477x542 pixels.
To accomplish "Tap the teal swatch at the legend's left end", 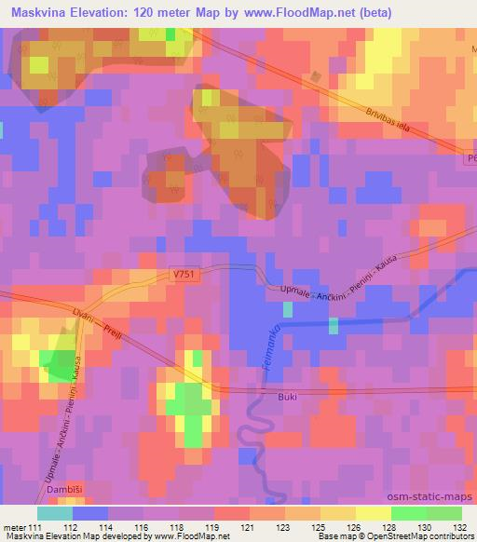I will click(55, 512).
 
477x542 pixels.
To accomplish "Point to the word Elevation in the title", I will click(109, 13).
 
